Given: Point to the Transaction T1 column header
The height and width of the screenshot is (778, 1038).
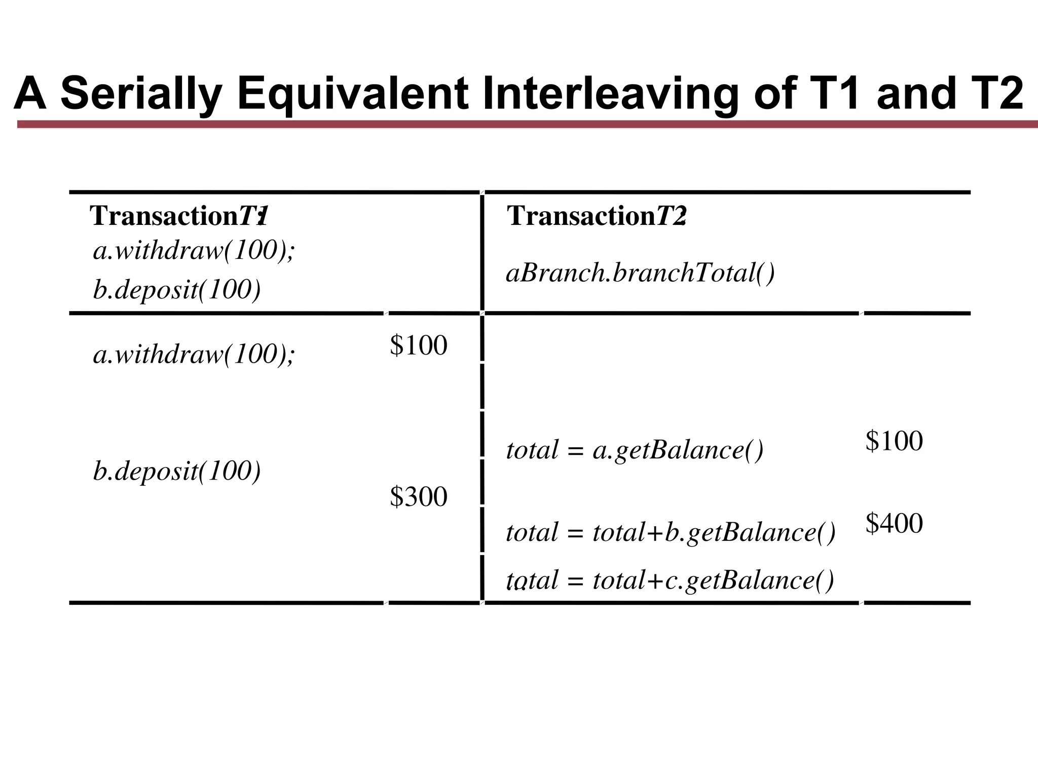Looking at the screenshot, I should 178,216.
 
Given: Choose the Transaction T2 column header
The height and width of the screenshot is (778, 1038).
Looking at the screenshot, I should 597,216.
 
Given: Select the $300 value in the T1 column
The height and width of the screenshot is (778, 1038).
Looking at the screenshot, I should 419,496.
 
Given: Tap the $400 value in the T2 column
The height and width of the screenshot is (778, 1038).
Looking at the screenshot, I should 894,523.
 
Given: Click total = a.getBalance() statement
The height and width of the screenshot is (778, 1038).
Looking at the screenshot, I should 635,450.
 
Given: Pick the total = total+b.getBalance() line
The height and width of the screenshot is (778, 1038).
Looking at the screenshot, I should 671,532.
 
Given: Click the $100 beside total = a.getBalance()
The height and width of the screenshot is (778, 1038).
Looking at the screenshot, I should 894,441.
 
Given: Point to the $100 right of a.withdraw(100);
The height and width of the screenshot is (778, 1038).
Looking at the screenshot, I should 419,345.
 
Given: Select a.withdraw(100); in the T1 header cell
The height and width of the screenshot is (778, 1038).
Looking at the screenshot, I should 194,251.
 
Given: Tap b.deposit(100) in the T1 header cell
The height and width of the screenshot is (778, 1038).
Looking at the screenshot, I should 177,290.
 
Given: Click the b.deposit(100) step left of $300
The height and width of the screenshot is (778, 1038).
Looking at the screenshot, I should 177,471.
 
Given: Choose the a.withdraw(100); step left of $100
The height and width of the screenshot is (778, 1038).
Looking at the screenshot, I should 194,354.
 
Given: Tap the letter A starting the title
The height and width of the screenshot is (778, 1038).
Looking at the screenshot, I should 30,94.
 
